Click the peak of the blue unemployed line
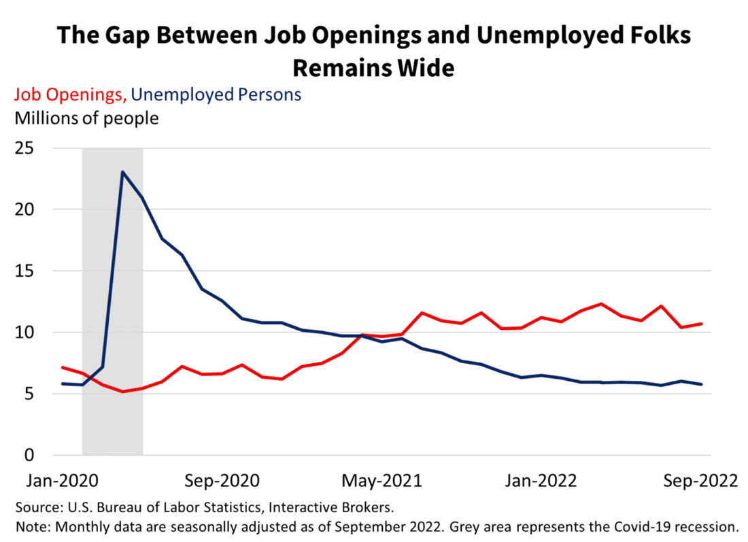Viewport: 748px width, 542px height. point(122,172)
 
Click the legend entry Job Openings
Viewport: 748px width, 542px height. point(69,95)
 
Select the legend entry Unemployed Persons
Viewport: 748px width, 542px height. point(216,95)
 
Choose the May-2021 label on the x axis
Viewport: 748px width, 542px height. point(381,481)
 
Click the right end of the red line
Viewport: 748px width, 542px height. point(702,324)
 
